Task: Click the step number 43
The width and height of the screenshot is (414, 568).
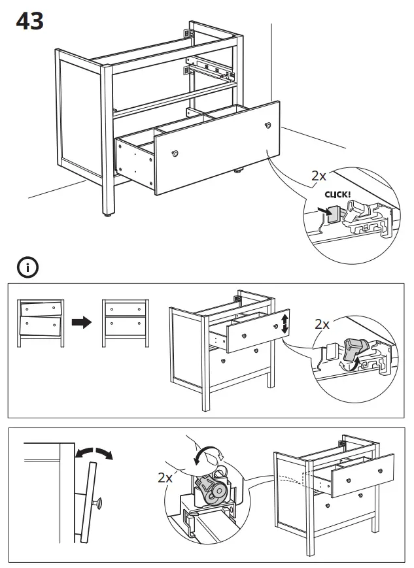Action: pyautogui.click(x=29, y=21)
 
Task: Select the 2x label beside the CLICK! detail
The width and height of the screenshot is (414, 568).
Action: pyautogui.click(x=319, y=176)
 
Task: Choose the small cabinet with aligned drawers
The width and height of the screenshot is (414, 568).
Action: pyautogui.click(x=125, y=322)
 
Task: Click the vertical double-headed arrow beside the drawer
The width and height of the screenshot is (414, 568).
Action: pyautogui.click(x=285, y=324)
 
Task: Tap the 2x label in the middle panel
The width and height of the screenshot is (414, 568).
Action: pyautogui.click(x=322, y=324)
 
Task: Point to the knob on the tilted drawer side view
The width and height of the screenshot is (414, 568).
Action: pyautogui.click(x=99, y=503)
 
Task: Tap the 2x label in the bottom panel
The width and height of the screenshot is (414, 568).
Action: pyautogui.click(x=166, y=478)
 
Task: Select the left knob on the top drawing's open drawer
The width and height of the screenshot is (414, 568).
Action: pyautogui.click(x=175, y=153)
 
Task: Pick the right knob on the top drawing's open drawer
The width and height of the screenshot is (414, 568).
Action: pyautogui.click(x=267, y=125)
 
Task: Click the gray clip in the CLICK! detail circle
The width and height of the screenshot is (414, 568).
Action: pyautogui.click(x=332, y=214)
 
